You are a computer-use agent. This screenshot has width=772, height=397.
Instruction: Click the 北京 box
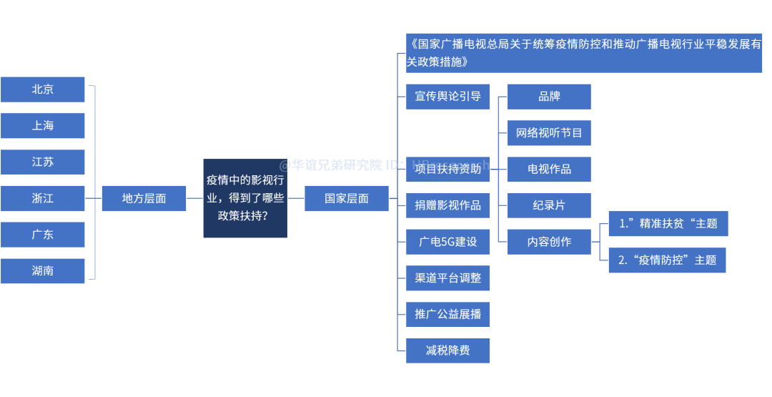43,89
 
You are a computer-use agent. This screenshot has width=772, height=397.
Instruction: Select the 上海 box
43,125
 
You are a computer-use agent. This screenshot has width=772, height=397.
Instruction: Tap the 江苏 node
43,162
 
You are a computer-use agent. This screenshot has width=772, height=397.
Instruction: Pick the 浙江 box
43,198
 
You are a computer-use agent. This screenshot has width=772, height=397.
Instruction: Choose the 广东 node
43,235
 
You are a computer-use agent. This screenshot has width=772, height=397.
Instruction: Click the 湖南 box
43,271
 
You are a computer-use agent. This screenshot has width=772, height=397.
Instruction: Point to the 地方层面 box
144,198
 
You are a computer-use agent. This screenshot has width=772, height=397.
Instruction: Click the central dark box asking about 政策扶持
245,198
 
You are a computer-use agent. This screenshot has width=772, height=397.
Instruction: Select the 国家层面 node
347,198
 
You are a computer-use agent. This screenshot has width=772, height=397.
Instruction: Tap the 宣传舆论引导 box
448,97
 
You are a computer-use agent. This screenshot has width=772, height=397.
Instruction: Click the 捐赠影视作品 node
448,205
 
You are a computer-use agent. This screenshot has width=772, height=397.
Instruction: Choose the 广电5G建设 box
448,242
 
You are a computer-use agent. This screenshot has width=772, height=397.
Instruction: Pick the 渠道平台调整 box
448,278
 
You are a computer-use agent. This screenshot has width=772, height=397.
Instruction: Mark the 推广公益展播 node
448,314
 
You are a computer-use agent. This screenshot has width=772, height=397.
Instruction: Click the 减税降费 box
448,351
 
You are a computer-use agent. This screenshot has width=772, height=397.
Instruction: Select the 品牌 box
549,97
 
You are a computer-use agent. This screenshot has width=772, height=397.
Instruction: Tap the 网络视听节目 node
549,133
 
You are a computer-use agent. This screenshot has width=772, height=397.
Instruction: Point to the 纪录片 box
549,205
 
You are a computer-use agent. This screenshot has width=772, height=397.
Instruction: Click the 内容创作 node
549,242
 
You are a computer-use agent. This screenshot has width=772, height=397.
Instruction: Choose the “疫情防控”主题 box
667,260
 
